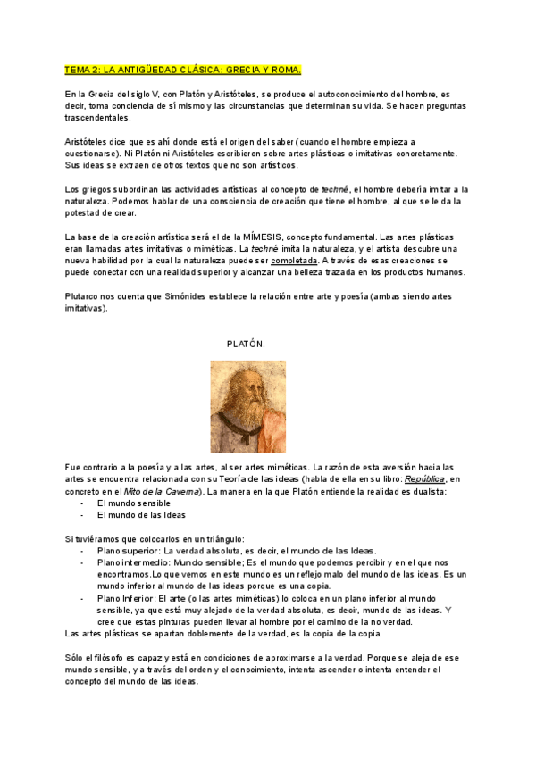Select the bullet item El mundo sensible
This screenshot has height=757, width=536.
133,503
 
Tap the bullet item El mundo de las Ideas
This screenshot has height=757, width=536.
141,515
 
